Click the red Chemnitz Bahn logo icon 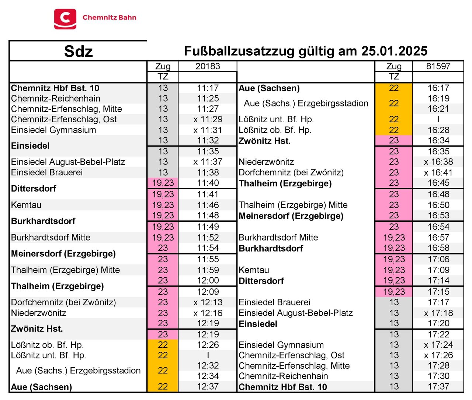point(65,19)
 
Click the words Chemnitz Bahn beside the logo point(109,17)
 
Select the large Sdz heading point(78,51)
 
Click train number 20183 point(208,66)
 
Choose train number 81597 point(438,66)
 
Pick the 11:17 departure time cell point(208,88)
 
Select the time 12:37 point(208,386)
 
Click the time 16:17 point(438,88)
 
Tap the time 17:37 point(438,386)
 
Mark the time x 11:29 point(208,119)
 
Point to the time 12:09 point(208,292)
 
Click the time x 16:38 point(438,162)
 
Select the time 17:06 point(438,259)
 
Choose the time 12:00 point(208,280)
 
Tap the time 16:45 point(438,183)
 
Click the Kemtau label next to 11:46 point(26,205)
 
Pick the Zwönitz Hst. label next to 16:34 point(264,141)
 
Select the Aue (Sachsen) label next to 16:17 point(269,88)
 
